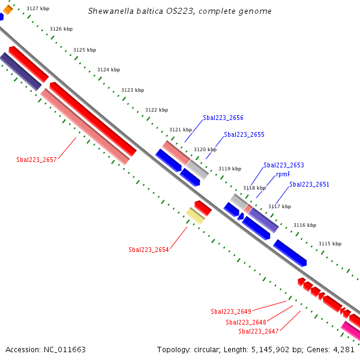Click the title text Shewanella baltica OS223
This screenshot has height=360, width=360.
[140, 11]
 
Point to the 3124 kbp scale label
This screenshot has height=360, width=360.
[109, 70]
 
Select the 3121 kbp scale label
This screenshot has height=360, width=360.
[180, 130]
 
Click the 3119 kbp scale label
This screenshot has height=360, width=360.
[229, 169]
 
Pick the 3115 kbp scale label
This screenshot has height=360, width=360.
[329, 244]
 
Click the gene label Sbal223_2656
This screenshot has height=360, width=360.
[223, 118]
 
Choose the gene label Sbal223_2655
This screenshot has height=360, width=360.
[244, 135]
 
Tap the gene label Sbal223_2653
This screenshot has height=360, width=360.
[283, 165]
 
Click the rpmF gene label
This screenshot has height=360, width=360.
[283, 175]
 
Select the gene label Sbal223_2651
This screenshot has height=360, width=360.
[309, 184]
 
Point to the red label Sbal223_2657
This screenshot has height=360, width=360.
[36, 160]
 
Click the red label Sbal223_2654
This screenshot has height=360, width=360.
[148, 250]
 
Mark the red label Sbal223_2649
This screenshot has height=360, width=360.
[230, 311]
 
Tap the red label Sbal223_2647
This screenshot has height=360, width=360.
[258, 331]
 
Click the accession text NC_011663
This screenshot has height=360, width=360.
[46, 349]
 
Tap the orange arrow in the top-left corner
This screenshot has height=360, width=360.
[8, 9]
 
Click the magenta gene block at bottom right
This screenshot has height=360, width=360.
[351, 331]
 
